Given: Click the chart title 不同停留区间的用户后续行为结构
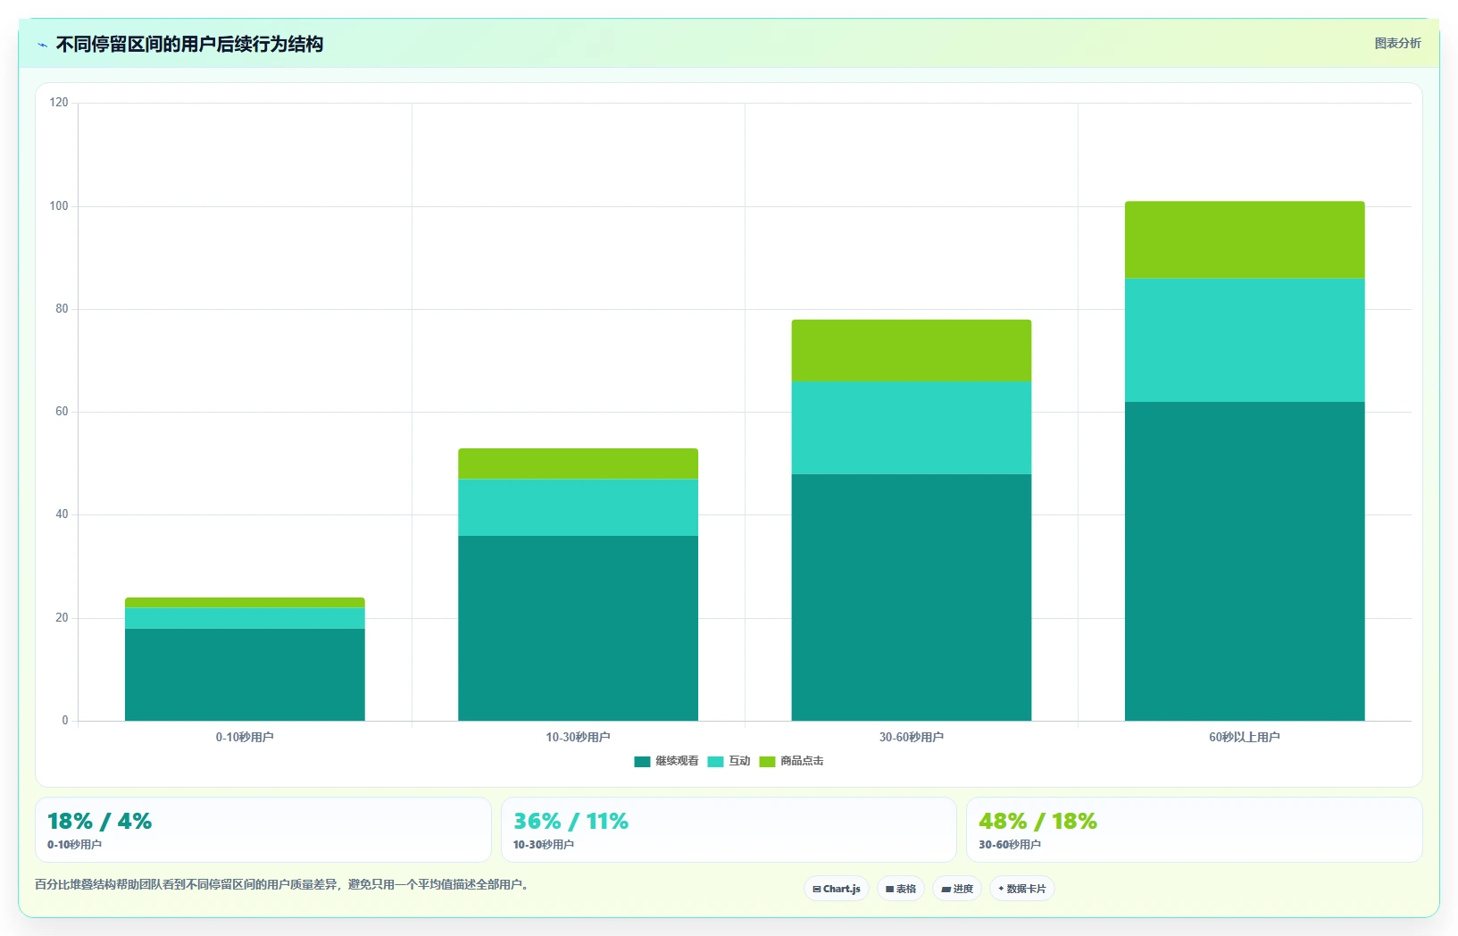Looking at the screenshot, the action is [189, 45].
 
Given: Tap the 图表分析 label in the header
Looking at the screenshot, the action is [1397, 44].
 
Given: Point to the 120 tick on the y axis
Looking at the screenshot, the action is [59, 102].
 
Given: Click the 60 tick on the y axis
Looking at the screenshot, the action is [62, 412].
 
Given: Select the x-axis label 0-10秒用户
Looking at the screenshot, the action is [245, 737].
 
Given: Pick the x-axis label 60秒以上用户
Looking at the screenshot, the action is [1245, 737].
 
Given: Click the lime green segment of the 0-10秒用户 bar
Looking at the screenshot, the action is [245, 603].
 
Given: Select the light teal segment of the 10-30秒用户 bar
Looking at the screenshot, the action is [578, 507].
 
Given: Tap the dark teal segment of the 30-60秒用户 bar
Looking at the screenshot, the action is [912, 598].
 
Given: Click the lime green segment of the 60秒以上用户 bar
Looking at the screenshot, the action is [1245, 240].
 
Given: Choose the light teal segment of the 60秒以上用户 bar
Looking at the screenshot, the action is [1245, 340].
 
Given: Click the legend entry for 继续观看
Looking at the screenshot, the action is [666, 761].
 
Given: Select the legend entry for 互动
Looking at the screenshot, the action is [729, 761].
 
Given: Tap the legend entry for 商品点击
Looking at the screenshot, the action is [791, 761].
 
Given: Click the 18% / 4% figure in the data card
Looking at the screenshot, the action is [100, 821].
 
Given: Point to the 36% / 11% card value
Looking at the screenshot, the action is [571, 821].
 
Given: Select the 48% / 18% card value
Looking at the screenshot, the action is [1037, 821].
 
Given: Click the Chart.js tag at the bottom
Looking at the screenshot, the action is [837, 889].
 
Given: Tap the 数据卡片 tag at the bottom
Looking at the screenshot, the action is [1022, 889].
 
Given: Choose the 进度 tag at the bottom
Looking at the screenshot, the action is [957, 889].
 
